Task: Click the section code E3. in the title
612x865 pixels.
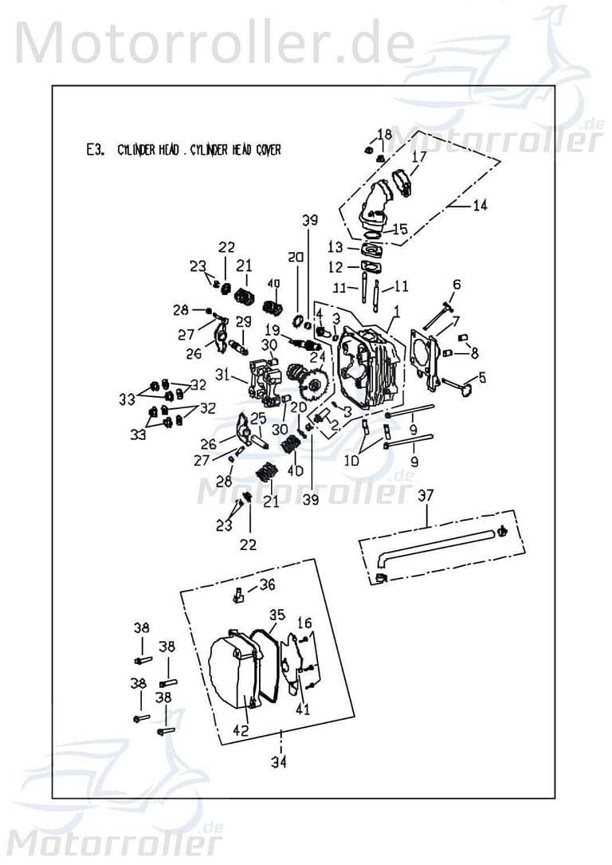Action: [x=95, y=150]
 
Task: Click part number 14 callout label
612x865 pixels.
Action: [x=480, y=206]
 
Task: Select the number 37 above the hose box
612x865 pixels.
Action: [x=426, y=496]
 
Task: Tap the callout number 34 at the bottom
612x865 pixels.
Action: [x=278, y=762]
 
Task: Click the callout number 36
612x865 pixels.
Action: [x=267, y=584]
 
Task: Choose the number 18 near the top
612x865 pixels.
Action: [x=385, y=134]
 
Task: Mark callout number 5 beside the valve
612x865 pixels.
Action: [x=481, y=378]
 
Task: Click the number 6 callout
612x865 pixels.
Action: [x=457, y=285]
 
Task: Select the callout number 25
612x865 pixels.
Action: [x=259, y=418]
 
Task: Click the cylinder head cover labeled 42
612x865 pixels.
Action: [x=233, y=670]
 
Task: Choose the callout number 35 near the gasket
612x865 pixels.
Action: [x=277, y=615]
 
